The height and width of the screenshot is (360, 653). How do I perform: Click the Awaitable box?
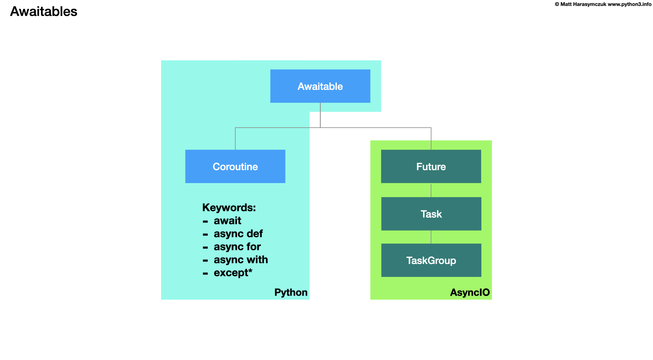coord(320,86)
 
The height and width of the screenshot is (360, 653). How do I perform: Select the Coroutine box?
coord(235,166)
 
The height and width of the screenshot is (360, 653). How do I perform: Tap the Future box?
coord(431,166)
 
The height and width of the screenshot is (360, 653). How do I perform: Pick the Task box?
coord(431,214)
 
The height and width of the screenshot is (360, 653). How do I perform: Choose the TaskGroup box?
coord(431,260)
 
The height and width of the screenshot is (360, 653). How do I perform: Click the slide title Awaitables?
coord(44,11)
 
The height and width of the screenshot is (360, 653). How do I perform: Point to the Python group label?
coord(291,292)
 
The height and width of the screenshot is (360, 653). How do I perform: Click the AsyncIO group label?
coord(470,292)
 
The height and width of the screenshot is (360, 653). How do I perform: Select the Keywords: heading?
coord(229,207)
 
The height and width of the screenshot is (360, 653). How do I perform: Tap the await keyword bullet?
coord(227,221)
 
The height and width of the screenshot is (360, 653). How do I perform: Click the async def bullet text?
coord(238,234)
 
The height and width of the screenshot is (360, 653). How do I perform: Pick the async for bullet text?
coord(237,247)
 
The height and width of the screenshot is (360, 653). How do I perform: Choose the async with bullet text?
coord(241,260)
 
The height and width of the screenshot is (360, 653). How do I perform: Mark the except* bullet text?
coord(233,273)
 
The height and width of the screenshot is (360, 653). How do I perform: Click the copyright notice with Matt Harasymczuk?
coord(580,4)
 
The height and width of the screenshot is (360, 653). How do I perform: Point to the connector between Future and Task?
coord(431,190)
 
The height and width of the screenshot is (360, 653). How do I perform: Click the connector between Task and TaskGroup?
coord(431,237)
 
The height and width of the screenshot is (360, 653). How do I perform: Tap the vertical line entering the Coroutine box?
coord(235,139)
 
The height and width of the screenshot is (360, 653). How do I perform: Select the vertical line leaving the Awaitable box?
coord(320,115)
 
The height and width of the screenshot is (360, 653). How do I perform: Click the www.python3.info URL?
coord(629,4)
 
